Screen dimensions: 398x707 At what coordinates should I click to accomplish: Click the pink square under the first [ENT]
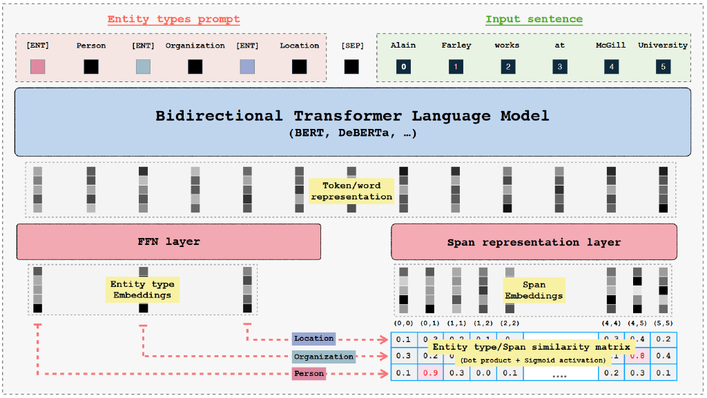coord(37,67)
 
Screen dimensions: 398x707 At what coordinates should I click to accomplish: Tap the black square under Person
coord(91,67)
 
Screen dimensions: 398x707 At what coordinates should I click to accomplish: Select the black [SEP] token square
coord(351,67)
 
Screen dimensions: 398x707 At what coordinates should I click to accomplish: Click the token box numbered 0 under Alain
coord(403,67)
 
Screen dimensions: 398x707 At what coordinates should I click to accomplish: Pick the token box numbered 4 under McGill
coord(611,67)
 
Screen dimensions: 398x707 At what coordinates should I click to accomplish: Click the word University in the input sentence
coord(663,46)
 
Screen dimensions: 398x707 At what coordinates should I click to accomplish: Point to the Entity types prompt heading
coord(173,19)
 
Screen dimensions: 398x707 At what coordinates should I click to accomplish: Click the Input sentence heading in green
coord(534,19)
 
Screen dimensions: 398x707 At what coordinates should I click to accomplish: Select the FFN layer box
coord(168,241)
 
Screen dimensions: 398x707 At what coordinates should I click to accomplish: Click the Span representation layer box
coord(534,242)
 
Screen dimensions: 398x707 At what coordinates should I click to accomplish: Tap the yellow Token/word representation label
coord(351,191)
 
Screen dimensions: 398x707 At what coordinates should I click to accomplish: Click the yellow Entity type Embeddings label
coord(142,290)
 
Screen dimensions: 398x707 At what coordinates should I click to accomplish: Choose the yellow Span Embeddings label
coord(534,290)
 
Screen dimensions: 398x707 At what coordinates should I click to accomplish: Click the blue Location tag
coord(313,339)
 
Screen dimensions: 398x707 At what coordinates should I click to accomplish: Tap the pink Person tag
coord(308,373)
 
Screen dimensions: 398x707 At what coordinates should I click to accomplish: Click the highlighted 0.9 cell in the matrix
coord(430,373)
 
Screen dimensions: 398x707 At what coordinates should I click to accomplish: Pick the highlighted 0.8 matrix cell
coord(639,357)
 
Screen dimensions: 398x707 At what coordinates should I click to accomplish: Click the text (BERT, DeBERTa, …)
coord(352,133)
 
